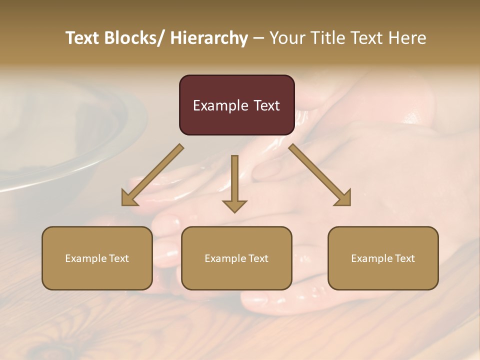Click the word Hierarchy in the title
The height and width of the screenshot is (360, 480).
[209, 38]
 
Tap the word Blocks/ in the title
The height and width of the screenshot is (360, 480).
[133, 38]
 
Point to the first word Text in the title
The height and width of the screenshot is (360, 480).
[83, 38]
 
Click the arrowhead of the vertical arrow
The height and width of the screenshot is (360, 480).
[234, 205]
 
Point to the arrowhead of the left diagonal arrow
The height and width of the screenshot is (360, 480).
[129, 198]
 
